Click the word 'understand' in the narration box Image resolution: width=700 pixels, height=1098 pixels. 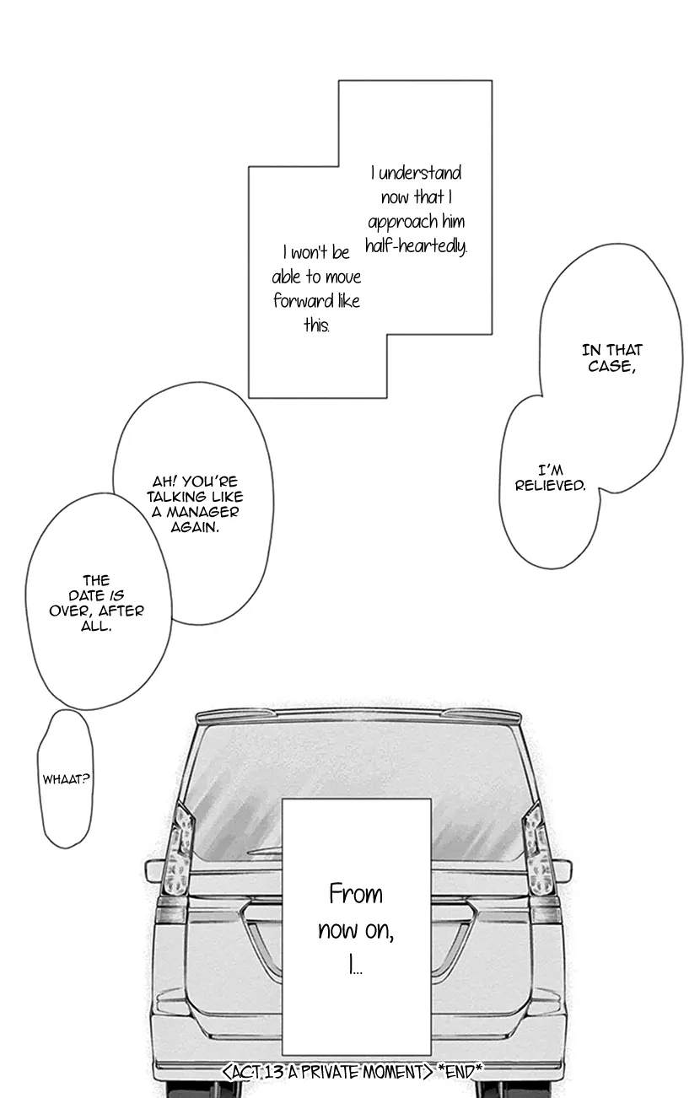[420, 173]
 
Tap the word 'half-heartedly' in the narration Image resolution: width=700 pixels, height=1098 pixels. [416, 245]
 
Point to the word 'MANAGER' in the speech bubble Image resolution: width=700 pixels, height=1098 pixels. [202, 512]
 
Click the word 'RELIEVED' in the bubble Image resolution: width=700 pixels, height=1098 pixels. [550, 486]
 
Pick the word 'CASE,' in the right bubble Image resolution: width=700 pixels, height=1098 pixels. [611, 366]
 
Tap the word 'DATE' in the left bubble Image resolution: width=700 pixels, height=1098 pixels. [86, 595]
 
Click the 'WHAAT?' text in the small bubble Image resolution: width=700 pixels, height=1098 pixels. [66, 779]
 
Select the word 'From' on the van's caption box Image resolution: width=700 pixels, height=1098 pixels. [356, 894]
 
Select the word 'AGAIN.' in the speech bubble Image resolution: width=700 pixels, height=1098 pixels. [195, 527]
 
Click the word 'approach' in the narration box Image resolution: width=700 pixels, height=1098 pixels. [403, 223]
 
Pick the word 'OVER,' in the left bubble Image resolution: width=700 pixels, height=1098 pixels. [72, 611]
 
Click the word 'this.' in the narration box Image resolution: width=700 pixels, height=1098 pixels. [316, 325]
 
